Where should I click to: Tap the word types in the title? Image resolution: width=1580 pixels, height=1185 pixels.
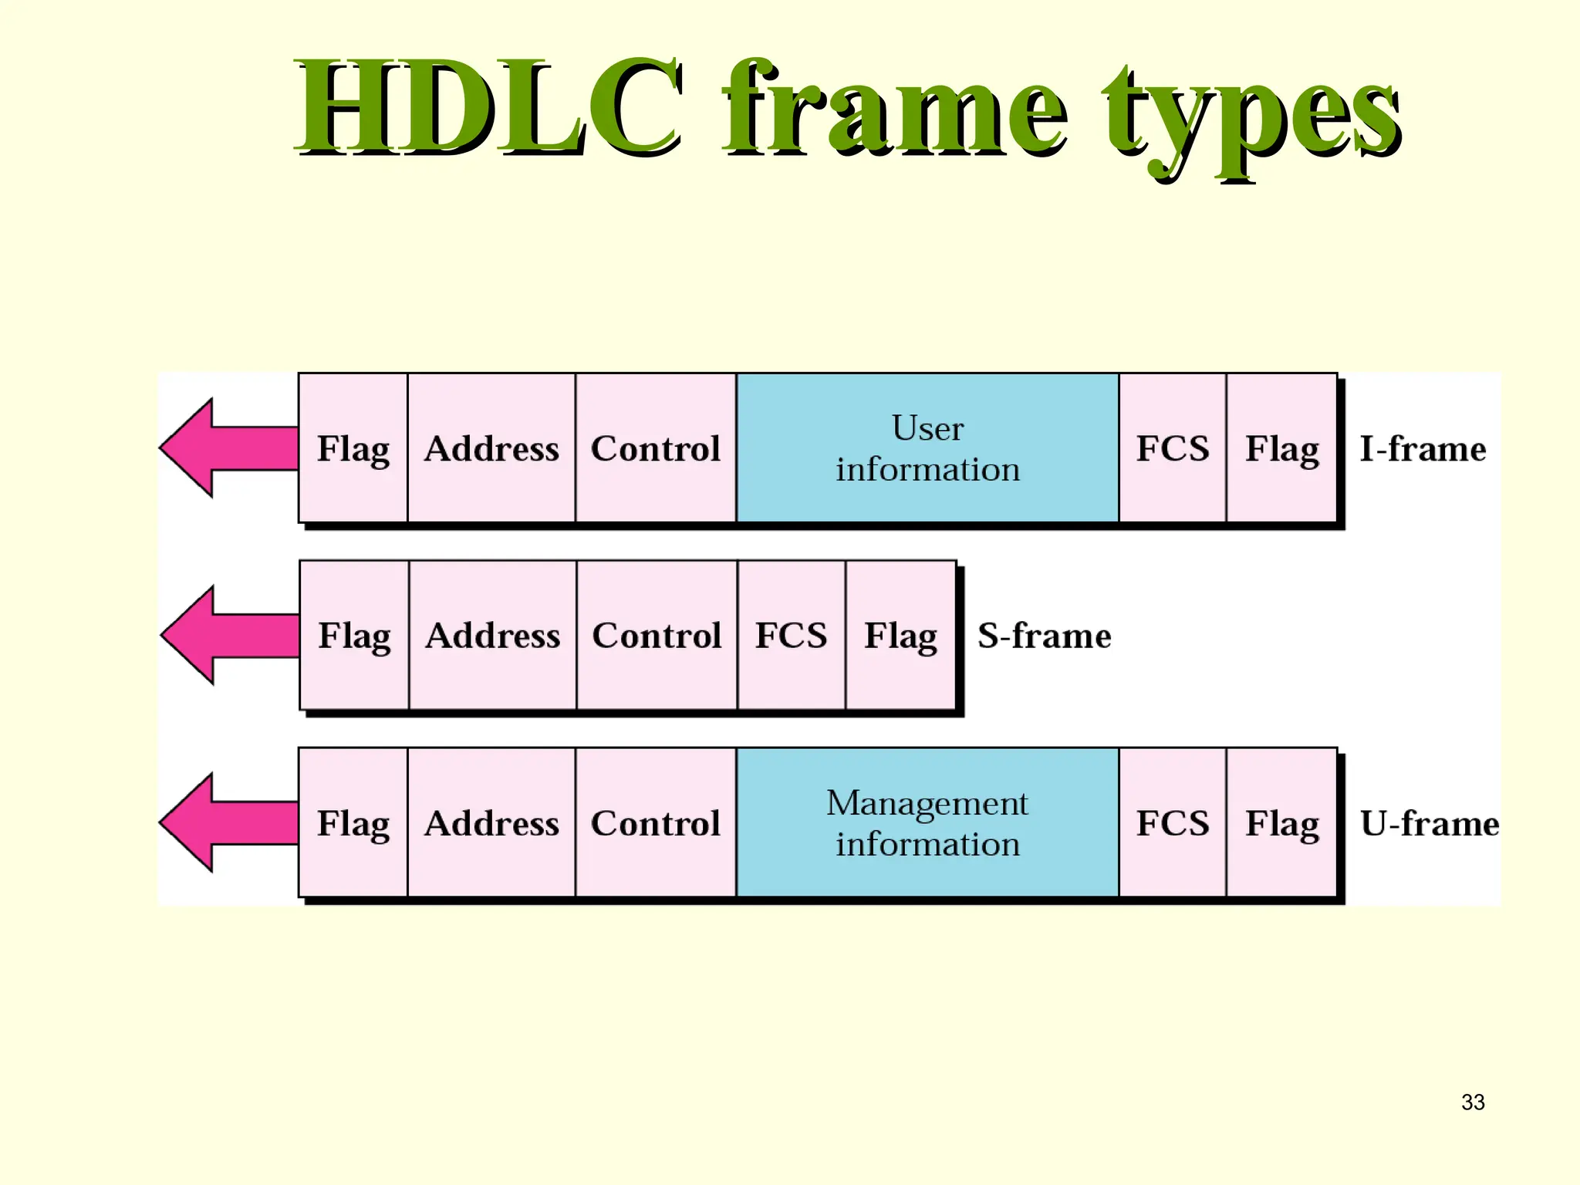pos(1251,116)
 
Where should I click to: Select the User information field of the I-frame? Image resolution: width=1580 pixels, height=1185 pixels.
pos(927,448)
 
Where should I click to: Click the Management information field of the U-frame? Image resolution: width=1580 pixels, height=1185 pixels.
pos(927,822)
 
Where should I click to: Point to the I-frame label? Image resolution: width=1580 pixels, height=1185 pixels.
pos(1423,449)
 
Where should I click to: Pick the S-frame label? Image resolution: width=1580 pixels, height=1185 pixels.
pos(1044,636)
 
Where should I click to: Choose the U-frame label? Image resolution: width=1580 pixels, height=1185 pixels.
pos(1429,823)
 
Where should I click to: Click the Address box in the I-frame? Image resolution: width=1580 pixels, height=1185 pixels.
pos(491,448)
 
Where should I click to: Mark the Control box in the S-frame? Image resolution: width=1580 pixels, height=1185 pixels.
pos(657,635)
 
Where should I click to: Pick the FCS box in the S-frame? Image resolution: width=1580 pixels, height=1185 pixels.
pos(791,635)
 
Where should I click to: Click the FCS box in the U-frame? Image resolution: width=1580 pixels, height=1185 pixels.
pos(1172,822)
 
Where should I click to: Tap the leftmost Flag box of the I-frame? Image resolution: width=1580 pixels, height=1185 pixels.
pos(353,448)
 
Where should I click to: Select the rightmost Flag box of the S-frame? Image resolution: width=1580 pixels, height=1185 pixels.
pos(900,635)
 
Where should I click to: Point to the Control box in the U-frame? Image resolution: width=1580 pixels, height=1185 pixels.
pos(656,822)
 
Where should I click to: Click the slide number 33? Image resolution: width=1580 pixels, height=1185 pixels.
pos(1473,1102)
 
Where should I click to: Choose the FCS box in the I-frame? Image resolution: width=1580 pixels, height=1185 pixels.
pos(1172,448)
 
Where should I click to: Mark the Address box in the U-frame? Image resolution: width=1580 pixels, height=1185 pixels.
pos(491,822)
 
